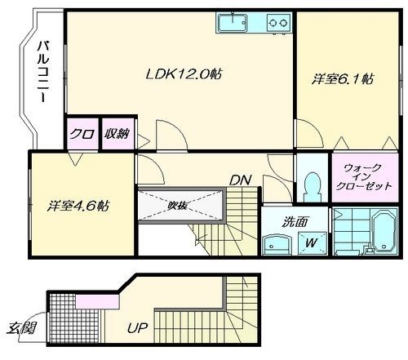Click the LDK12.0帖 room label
(x=184, y=74)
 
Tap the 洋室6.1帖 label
(x=343, y=79)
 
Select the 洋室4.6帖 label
(x=81, y=205)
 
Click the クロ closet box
(x=80, y=134)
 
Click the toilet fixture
(x=310, y=185)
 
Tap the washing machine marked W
(x=311, y=242)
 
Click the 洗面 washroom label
(x=295, y=220)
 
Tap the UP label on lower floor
(x=138, y=329)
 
